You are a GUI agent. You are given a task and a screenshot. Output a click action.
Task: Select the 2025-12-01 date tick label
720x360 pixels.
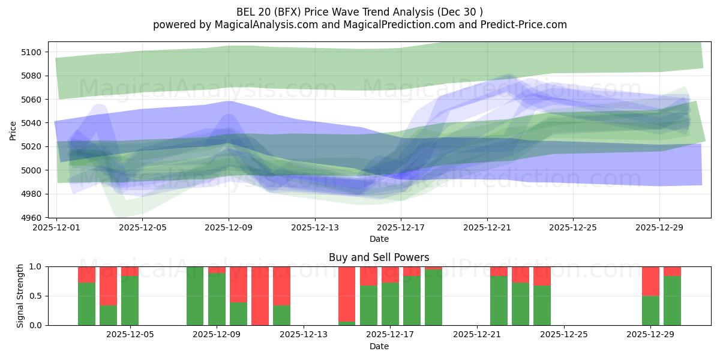(x=56, y=228)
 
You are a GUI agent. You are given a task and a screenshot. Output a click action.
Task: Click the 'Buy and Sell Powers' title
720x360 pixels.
(x=379, y=257)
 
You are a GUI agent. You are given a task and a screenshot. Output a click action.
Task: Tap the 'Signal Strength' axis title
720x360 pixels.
(x=20, y=295)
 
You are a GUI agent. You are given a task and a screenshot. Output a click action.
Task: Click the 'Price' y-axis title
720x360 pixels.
(x=13, y=130)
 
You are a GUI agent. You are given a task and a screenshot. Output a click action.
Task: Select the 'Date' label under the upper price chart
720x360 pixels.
(x=379, y=239)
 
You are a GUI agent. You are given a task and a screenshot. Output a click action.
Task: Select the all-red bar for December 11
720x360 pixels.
(x=260, y=296)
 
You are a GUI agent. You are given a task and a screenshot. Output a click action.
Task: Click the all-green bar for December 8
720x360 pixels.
(x=195, y=296)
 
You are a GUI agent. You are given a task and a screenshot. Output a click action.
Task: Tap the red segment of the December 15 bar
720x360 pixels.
(x=347, y=293)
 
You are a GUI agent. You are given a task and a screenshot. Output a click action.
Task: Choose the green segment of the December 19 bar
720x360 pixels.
(x=433, y=298)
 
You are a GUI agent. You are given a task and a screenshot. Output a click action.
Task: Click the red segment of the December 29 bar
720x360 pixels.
(x=650, y=281)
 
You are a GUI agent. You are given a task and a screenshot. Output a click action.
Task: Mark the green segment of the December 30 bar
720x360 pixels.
(x=672, y=301)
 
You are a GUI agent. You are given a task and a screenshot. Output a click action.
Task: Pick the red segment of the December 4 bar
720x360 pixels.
(x=108, y=286)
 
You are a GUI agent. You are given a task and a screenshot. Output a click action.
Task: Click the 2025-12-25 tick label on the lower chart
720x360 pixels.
(x=564, y=335)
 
